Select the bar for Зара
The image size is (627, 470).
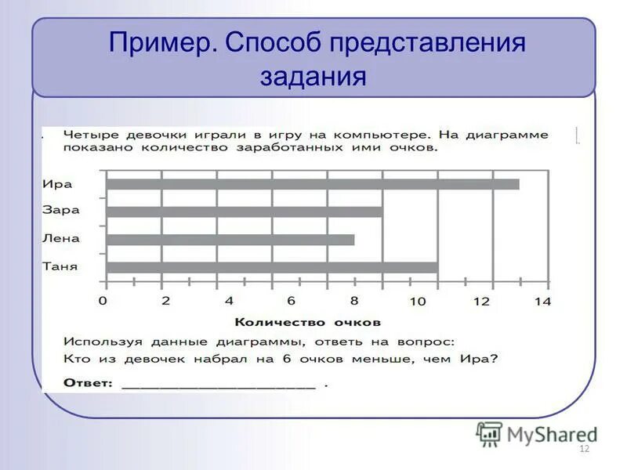click(245, 211)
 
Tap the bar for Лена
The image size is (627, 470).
click(230, 240)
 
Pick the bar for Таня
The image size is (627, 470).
click(272, 268)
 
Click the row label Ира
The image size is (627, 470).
click(57, 184)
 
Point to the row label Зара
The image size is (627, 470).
click(60, 211)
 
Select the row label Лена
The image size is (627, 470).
click(61, 238)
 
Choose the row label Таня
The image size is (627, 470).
click(60, 266)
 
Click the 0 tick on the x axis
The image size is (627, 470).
click(103, 301)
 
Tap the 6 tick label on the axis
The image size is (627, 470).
click(290, 301)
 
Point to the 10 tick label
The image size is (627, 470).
click(416, 301)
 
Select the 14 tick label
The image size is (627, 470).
click(543, 301)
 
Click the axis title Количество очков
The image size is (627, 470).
click(307, 322)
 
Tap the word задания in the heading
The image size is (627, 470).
click(313, 76)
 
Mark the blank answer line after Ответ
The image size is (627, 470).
click(219, 385)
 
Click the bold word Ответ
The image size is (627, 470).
click(88, 383)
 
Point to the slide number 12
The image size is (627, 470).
click(583, 448)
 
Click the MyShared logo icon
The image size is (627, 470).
click(489, 434)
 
